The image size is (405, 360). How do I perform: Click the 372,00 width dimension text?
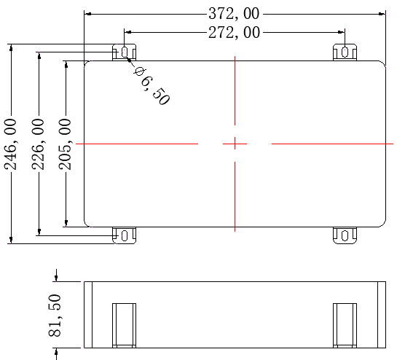click(x=234, y=13)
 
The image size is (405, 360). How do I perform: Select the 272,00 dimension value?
click(x=234, y=32)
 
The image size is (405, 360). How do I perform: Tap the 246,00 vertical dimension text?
click(x=12, y=144)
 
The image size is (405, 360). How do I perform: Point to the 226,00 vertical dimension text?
click(x=39, y=144)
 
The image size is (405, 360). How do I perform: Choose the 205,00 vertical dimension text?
click(x=66, y=144)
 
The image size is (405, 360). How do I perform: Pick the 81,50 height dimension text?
click(x=55, y=316)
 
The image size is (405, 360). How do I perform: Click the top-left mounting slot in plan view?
click(x=125, y=52)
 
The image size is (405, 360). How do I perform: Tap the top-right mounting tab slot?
click(x=345, y=52)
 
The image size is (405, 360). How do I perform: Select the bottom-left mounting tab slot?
click(x=125, y=235)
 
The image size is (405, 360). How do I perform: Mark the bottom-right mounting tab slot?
click(x=345, y=235)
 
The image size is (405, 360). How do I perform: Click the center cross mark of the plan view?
click(x=235, y=144)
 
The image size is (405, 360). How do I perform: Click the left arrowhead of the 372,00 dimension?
click(x=88, y=13)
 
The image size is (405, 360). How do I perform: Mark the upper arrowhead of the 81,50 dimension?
click(x=55, y=277)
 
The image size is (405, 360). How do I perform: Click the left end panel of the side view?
click(x=88, y=315)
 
